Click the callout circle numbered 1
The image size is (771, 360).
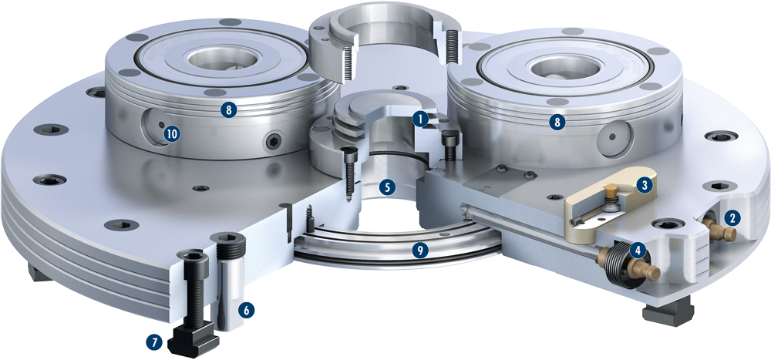(x=419, y=118)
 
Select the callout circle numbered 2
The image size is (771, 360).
(x=732, y=218)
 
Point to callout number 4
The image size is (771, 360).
(x=638, y=251)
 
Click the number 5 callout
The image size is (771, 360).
(x=387, y=187)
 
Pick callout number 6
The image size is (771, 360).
(x=247, y=310)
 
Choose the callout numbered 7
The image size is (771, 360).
(x=156, y=342)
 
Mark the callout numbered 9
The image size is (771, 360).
(x=419, y=251)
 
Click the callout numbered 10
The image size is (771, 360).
(x=172, y=134)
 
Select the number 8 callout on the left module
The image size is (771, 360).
(x=227, y=110)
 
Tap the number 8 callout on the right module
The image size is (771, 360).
(x=557, y=123)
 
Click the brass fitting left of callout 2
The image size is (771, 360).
(x=719, y=229)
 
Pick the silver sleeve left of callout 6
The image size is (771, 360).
(x=227, y=282)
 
